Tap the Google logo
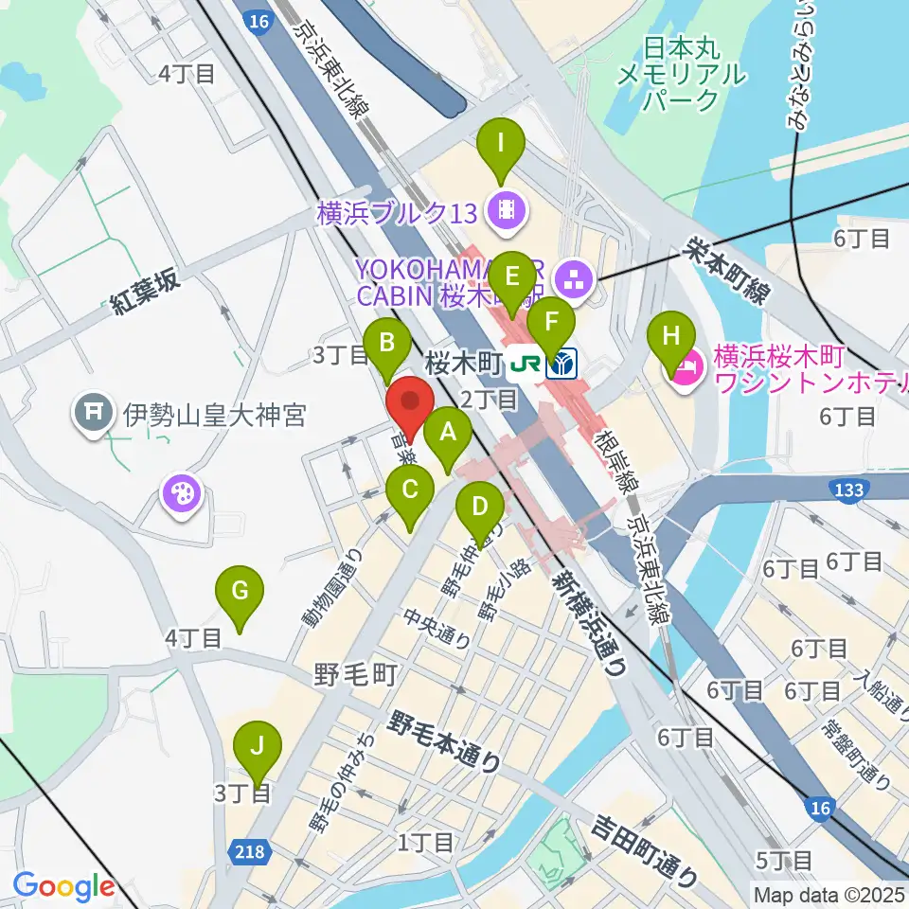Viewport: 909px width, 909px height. point(64,887)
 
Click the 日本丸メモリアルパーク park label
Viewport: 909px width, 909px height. point(681,72)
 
